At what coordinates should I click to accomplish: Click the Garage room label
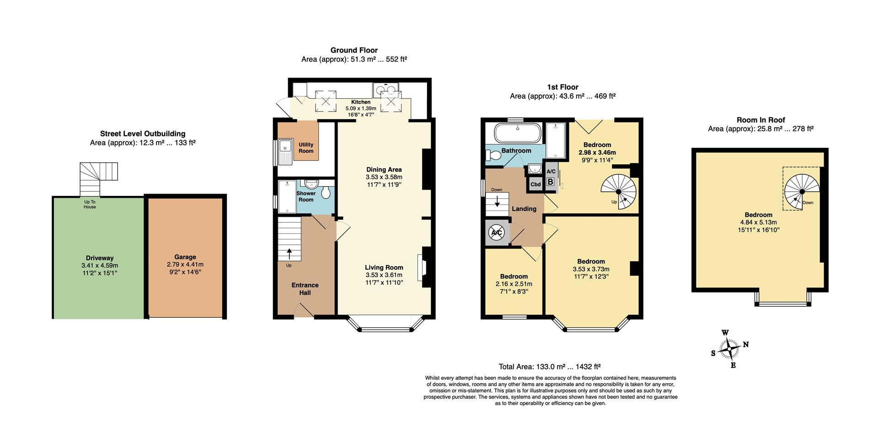[x=185, y=257]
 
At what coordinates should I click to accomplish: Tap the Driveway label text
[x=99, y=258]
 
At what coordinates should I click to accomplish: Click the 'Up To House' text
[x=90, y=204]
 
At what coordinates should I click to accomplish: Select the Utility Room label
[x=306, y=148]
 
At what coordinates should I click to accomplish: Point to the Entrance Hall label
[x=305, y=289]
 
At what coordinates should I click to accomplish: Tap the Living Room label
[x=384, y=268]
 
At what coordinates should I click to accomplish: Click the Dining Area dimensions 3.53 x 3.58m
[x=384, y=177]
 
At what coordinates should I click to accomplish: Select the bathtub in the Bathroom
[x=518, y=133]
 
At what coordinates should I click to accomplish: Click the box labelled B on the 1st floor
[x=551, y=182]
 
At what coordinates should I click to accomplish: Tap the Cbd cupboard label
[x=535, y=184]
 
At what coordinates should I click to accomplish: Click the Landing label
[x=524, y=209]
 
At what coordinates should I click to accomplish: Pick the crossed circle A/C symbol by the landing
[x=497, y=233]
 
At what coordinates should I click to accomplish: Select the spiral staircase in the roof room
[x=803, y=192]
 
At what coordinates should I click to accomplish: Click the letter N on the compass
[x=746, y=344]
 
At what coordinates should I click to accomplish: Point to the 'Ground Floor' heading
[x=354, y=50]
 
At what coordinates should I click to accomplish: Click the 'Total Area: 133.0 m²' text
[x=532, y=366]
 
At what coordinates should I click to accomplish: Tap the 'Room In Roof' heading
[x=760, y=120]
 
